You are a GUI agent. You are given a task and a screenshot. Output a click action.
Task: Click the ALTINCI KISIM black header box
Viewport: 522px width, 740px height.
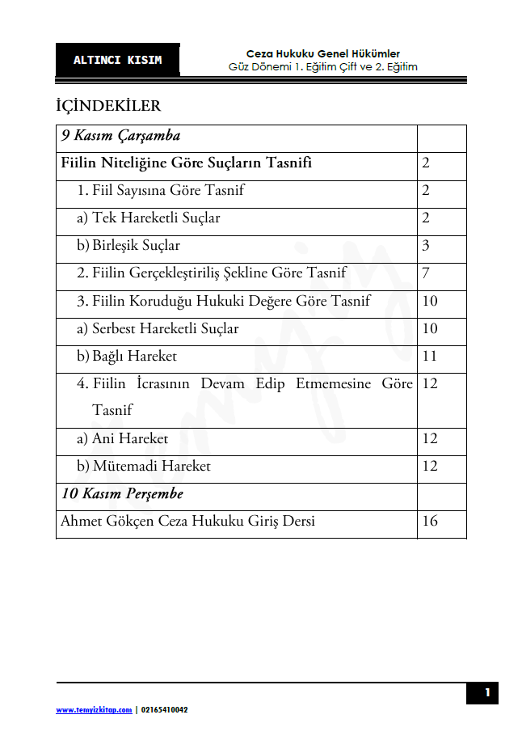[x=117, y=60]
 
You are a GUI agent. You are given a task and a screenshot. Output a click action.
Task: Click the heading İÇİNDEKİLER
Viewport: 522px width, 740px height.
[x=108, y=106]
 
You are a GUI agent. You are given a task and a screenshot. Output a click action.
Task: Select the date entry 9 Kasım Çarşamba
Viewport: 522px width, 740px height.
[x=120, y=136]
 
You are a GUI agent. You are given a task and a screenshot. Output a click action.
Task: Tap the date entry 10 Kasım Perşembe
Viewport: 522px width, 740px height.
[x=123, y=493]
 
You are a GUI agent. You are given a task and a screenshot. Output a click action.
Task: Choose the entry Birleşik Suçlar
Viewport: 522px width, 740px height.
[x=128, y=246]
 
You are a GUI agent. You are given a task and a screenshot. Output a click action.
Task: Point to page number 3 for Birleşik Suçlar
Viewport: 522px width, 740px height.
[x=426, y=246]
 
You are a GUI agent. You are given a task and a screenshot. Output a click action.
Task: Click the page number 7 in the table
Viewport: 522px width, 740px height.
[x=426, y=273]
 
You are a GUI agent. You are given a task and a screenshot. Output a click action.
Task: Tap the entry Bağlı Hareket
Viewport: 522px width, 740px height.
[x=127, y=356]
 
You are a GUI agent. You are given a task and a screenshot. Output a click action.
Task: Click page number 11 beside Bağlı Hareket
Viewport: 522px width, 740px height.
[x=430, y=356]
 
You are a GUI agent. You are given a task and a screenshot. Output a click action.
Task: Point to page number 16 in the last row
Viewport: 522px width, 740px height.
[x=430, y=521]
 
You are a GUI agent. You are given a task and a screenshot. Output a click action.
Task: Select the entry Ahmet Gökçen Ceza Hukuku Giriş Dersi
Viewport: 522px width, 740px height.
[x=187, y=521]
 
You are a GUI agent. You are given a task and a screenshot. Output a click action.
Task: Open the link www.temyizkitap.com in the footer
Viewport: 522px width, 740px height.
[x=94, y=709]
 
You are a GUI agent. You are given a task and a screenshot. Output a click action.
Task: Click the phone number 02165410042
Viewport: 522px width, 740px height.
[x=165, y=709]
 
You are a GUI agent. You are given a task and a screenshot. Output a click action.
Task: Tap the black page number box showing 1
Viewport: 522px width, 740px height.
[x=486, y=693]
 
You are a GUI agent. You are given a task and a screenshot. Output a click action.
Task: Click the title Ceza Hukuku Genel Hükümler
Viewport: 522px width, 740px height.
[x=323, y=53]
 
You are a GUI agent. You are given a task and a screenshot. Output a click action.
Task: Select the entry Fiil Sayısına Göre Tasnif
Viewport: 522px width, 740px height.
[x=161, y=191]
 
